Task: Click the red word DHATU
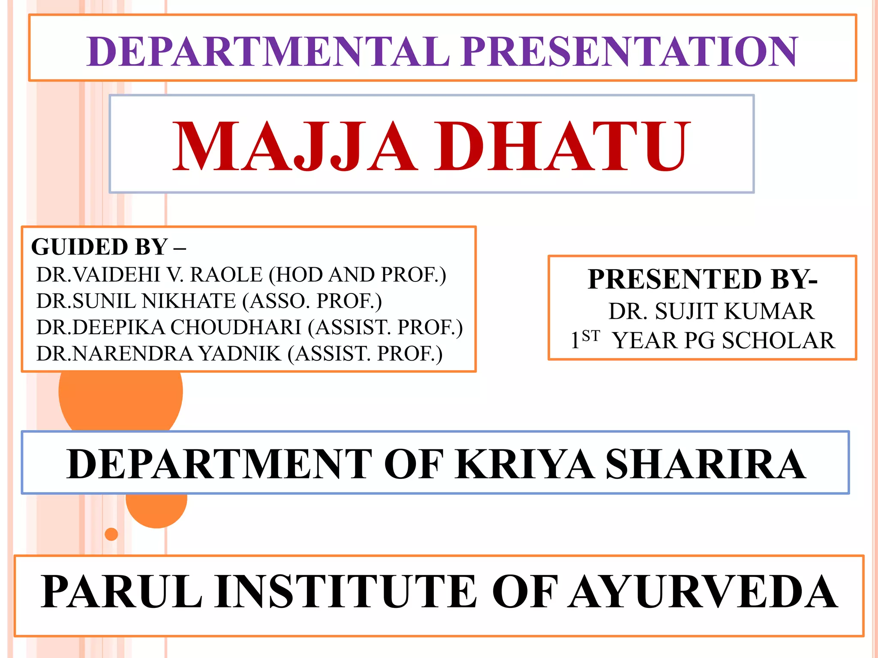562,146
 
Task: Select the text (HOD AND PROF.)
358,275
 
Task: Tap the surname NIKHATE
189,301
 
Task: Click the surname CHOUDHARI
236,327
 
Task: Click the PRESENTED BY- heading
702,279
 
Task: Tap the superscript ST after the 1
591,336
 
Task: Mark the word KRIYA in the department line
525,464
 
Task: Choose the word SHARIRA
706,464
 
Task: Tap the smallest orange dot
111,534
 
